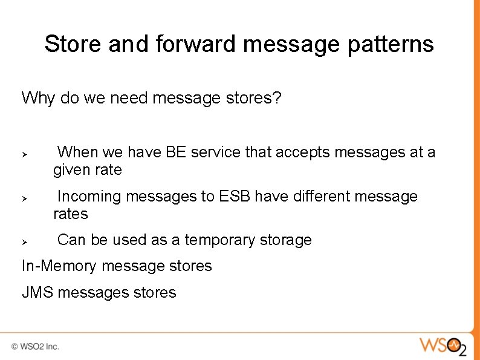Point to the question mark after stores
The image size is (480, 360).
point(277,98)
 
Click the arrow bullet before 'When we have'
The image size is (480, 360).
point(25,154)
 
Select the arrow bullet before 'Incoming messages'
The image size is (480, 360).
point(25,198)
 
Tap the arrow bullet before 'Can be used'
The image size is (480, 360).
point(25,242)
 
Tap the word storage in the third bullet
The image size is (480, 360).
point(285,240)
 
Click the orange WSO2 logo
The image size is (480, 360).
point(443,347)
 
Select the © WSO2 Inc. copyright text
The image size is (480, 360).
point(35,347)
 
